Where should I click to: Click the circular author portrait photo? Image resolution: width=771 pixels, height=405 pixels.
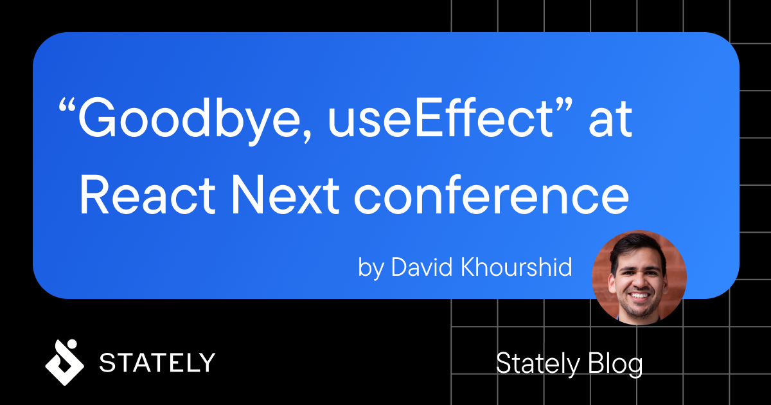tap(639, 277)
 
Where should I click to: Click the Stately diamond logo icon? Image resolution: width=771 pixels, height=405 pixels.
tap(64, 363)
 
